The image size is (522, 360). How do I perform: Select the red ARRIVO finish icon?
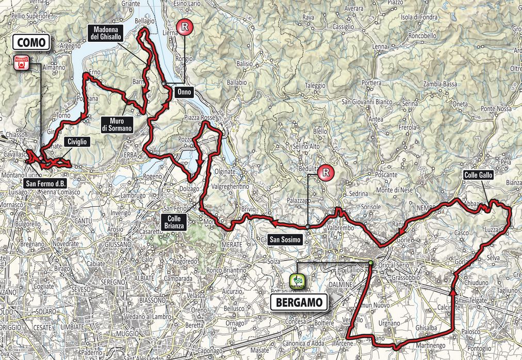(21, 62)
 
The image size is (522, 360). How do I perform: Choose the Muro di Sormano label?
(117, 124)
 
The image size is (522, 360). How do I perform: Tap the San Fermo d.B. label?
(46, 183)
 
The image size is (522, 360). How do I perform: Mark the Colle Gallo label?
(478, 175)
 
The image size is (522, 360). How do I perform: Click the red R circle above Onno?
(185, 27)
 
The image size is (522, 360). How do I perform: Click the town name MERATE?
(232, 243)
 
